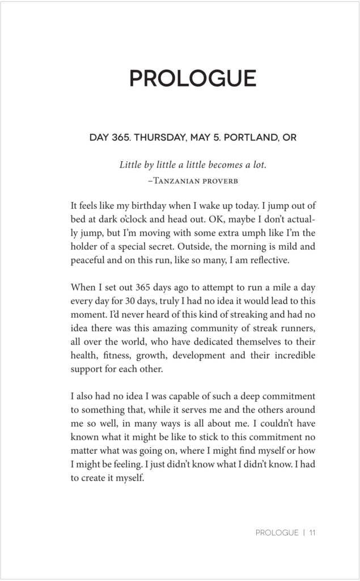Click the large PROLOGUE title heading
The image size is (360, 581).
click(x=193, y=78)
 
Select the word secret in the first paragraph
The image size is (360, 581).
click(x=170, y=247)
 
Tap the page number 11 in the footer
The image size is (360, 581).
click(x=312, y=533)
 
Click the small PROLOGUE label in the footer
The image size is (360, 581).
click(x=277, y=533)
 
